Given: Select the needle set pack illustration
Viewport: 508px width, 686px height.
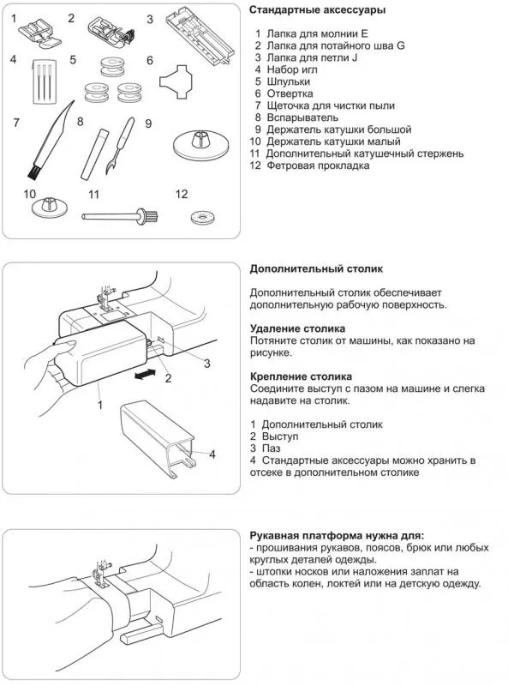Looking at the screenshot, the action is click(x=45, y=81).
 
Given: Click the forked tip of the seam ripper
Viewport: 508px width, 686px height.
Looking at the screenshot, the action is click(x=110, y=166).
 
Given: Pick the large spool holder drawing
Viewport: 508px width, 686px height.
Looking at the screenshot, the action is click(x=199, y=143).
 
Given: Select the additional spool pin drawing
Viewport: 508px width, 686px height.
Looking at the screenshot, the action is click(x=120, y=216).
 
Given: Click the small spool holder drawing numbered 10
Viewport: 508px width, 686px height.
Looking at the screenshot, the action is click(x=50, y=207).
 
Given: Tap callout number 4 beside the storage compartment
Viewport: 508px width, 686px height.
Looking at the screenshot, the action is click(x=212, y=454).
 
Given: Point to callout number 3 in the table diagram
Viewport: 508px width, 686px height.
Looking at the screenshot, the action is click(x=206, y=363).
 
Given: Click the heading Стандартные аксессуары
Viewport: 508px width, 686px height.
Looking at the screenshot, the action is click(x=317, y=9).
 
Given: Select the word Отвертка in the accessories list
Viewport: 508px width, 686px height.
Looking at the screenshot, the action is click(x=290, y=93).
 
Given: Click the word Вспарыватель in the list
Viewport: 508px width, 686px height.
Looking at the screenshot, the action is click(x=302, y=117).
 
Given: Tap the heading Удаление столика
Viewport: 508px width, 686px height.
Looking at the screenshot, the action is click(x=298, y=328).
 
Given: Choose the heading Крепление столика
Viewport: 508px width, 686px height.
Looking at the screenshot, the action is click(x=301, y=376).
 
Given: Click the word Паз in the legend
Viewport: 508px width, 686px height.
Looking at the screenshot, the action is click(x=271, y=448).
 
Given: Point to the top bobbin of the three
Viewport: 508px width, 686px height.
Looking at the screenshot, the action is click(x=111, y=65).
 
